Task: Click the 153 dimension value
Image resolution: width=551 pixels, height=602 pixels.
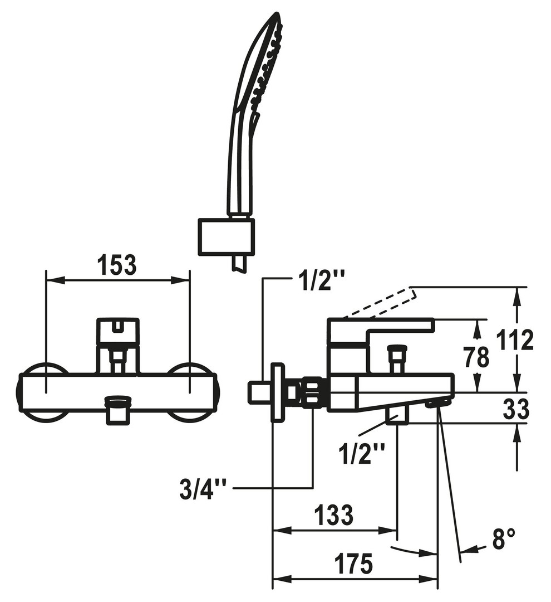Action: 117,265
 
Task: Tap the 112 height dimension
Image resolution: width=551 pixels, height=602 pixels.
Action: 515,339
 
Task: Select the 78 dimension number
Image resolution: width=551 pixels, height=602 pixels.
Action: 476,357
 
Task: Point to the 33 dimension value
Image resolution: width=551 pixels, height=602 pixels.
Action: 516,409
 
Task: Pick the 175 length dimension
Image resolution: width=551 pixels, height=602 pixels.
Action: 353,564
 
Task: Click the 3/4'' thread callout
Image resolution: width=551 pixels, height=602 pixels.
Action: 203,489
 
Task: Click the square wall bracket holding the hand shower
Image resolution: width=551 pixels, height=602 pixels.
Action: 226,237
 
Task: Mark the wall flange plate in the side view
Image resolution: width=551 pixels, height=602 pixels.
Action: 278,392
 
